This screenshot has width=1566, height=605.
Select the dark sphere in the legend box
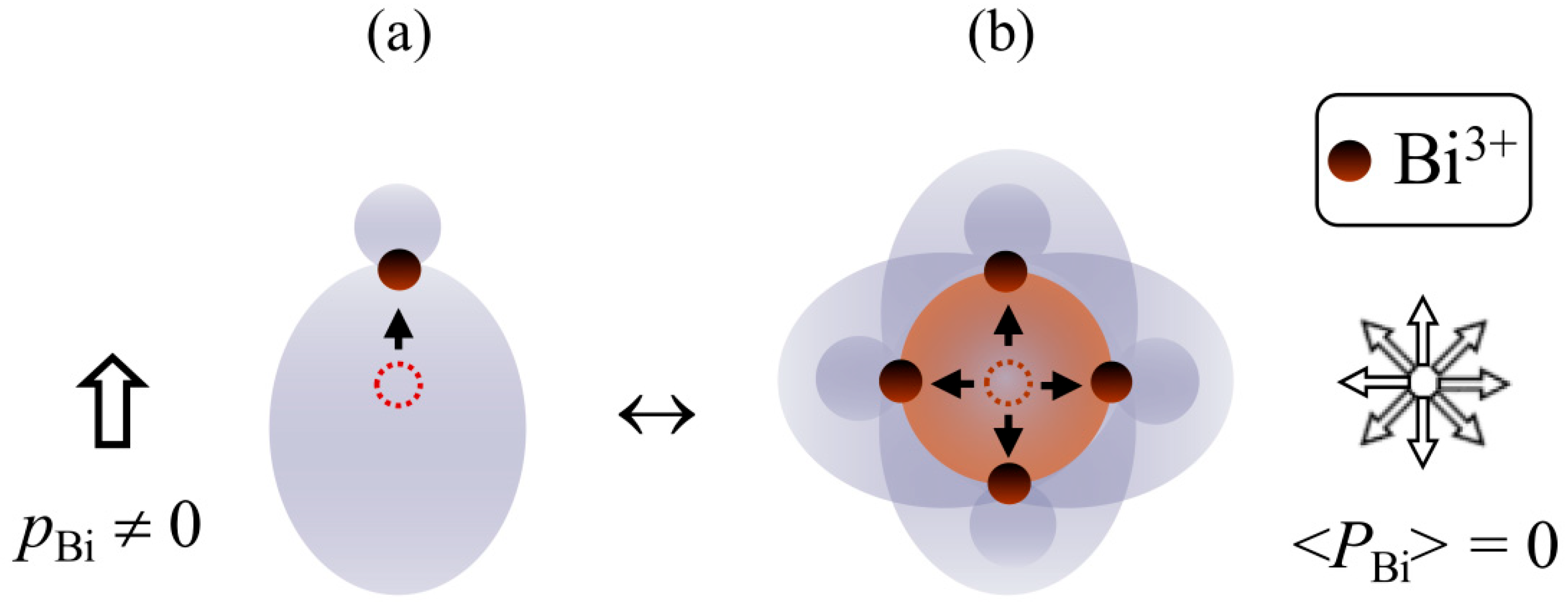point(1349,161)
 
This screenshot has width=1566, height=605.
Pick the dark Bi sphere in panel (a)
point(400,270)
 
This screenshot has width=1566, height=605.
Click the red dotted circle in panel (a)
point(398,385)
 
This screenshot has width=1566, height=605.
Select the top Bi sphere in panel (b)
point(1006,272)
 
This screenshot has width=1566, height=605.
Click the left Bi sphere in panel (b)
point(900,381)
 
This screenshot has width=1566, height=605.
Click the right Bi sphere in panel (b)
point(1111,382)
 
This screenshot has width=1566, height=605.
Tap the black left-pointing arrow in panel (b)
point(952,385)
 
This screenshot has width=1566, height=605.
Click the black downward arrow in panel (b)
point(1008,435)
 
